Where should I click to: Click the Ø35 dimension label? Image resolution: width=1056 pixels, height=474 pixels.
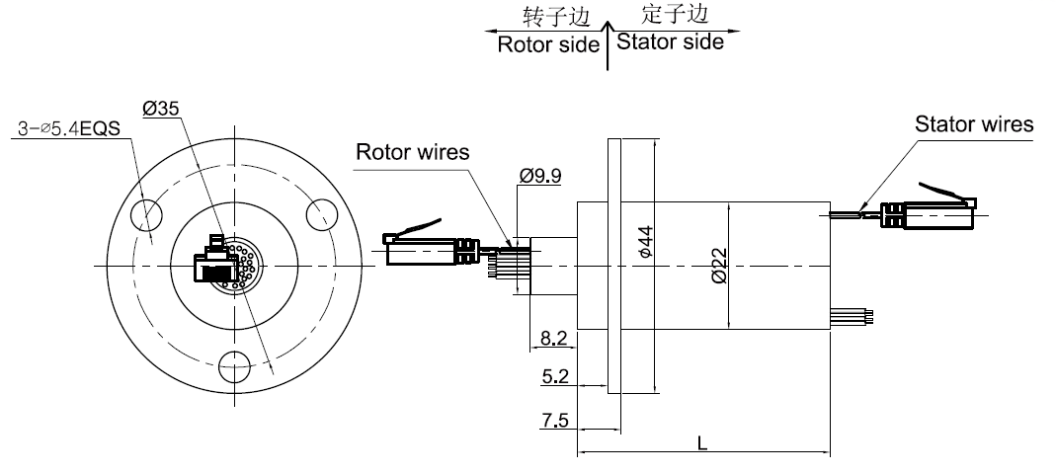161,110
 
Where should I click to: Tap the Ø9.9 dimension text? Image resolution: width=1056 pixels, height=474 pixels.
540,176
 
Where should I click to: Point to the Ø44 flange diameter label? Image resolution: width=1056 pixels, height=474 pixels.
645,242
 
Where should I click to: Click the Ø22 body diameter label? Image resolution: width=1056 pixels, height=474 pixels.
718,264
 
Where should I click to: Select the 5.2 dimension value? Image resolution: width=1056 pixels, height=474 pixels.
554,376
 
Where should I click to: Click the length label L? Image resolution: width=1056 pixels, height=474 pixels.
701,443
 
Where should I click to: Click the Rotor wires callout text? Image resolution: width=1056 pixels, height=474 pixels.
412,152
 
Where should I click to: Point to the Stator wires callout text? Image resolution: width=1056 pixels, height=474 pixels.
974,124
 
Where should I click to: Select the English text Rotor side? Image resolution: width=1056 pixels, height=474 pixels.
548,44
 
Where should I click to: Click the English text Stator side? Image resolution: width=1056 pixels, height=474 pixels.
669,42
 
